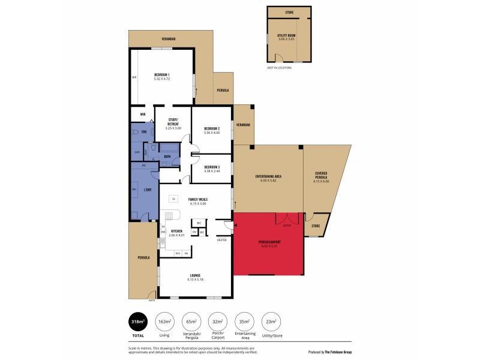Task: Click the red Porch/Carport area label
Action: point(269,242)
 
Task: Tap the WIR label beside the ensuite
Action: point(143,114)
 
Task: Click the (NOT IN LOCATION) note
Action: point(279,67)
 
